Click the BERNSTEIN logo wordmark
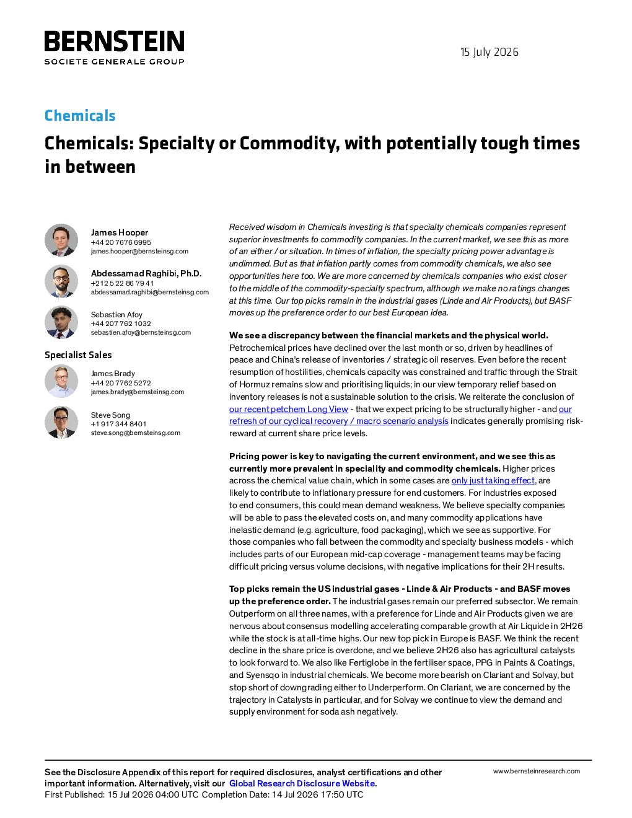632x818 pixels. [114, 41]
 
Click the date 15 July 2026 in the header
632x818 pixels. [489, 52]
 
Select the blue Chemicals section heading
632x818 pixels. [80, 115]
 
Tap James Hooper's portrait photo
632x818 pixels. [61, 240]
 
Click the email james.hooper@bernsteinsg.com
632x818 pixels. [139, 251]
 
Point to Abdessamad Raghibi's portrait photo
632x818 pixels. [61, 281]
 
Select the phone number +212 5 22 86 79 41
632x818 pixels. [122, 283]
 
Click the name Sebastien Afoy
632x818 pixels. [116, 314]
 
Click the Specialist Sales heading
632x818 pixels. [78, 355]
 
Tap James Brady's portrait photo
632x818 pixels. [61, 381]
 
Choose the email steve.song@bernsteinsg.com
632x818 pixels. [136, 433]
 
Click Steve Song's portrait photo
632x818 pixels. [61, 422]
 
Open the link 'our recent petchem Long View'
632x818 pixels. [288, 409]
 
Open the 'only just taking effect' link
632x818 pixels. [493, 480]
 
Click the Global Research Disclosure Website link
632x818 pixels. [302, 783]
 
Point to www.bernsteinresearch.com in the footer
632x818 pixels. [537, 771]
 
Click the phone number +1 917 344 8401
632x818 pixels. [118, 424]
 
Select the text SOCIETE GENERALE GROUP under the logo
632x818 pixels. [114, 61]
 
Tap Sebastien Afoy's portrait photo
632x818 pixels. [61, 322]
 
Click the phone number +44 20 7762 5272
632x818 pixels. [121, 383]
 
